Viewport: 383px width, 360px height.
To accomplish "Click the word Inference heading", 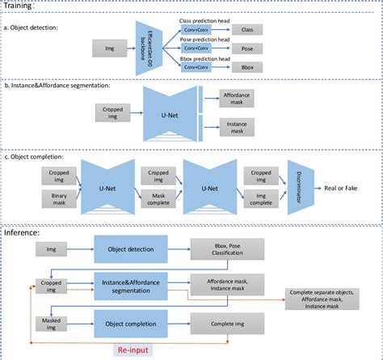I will pyautogui.click(x=27, y=232).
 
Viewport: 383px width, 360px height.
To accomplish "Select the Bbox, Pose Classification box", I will pyautogui.click(x=227, y=249).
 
